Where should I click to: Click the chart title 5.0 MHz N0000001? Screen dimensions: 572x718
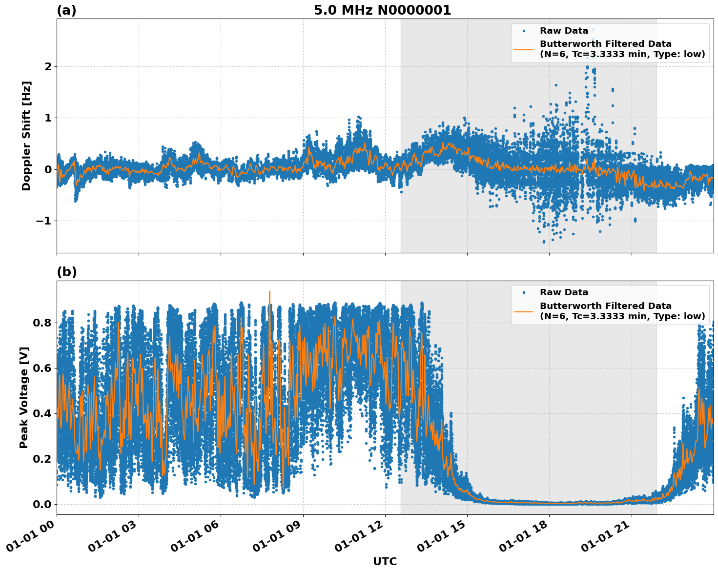pos(382,10)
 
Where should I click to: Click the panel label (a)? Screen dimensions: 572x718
pos(66,10)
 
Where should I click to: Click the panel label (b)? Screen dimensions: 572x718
pos(66,272)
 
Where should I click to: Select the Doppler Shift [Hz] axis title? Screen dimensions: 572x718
pos(26,136)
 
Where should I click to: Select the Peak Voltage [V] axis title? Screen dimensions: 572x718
pos(24,397)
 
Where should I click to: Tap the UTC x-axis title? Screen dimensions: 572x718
pos(385,561)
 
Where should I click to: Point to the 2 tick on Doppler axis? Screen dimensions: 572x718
pos(48,66)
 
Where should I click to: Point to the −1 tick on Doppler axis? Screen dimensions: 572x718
pos(44,221)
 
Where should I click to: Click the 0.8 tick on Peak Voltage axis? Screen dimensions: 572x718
pos(42,323)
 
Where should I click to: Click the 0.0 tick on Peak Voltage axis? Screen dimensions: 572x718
pos(42,504)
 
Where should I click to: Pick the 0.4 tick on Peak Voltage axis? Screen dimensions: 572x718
pos(42,413)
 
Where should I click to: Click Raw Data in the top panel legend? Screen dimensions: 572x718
pos(564,31)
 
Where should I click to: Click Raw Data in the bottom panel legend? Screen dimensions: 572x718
pos(564,292)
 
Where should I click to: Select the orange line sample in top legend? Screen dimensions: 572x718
pos(524,49)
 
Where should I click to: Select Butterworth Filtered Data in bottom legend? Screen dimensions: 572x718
pos(605,306)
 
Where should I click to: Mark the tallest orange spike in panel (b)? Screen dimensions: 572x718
pos(269,292)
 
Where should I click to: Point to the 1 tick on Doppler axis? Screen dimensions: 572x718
pos(48,118)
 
